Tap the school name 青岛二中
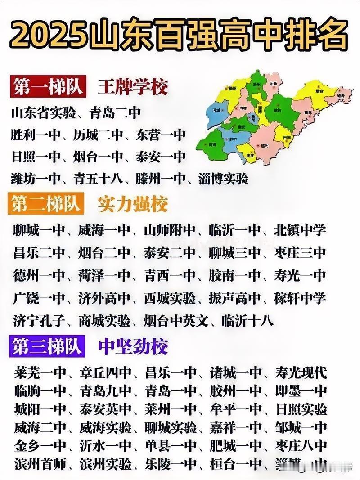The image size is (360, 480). (x=116, y=112)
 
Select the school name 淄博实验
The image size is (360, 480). (x=224, y=179)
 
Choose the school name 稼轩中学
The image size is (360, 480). (x=300, y=298)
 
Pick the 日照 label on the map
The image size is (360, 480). (x=286, y=138)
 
